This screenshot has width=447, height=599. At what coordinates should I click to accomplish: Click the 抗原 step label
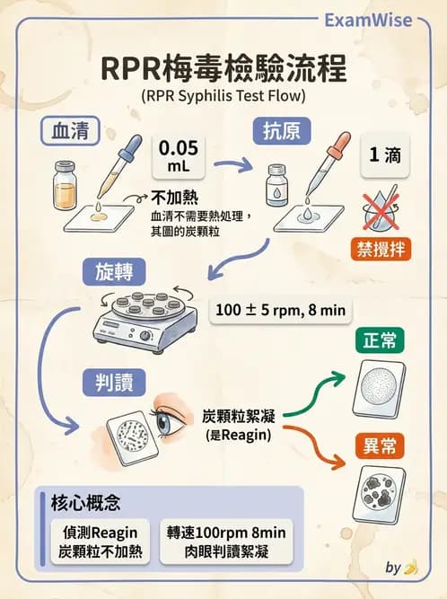[281, 131]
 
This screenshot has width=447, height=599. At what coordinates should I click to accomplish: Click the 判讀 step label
[110, 382]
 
